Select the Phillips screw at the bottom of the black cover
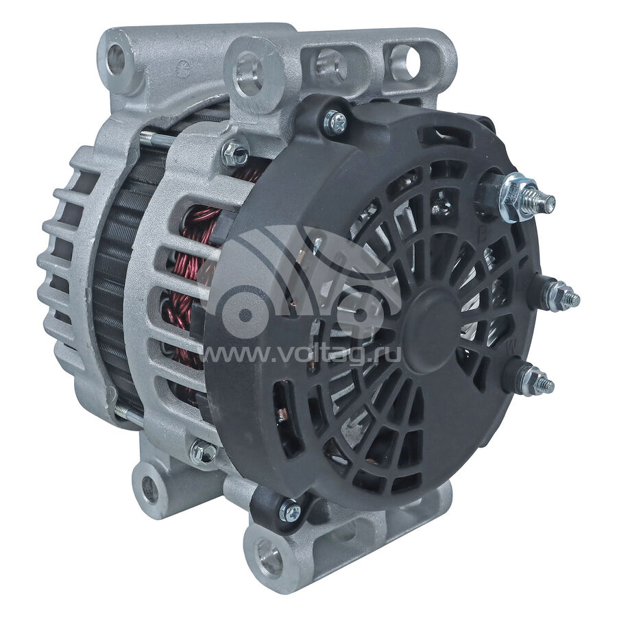290,510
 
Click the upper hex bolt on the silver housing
235,152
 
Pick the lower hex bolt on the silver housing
203,452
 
